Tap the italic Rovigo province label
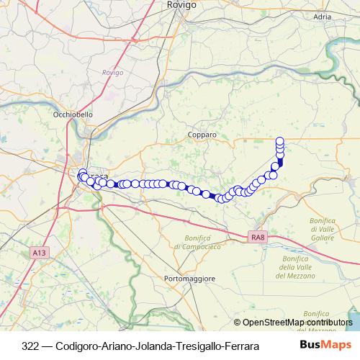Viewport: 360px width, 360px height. (113, 73)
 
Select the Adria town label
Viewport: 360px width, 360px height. (321, 15)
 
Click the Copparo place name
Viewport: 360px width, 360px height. (202, 135)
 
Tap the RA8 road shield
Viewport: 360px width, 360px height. (260, 236)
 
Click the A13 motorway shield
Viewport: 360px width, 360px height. (39, 253)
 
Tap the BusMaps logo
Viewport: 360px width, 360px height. (325, 345)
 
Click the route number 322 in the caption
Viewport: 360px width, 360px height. (31, 346)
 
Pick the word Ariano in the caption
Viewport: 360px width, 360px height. (115, 346)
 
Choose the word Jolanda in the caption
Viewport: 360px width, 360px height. (152, 346)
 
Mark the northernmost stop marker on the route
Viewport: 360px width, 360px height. (280, 140)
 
